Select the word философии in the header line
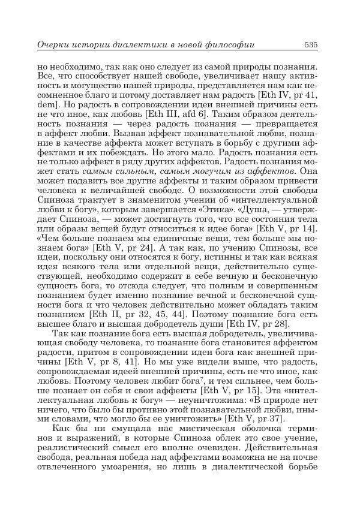(230, 45)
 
